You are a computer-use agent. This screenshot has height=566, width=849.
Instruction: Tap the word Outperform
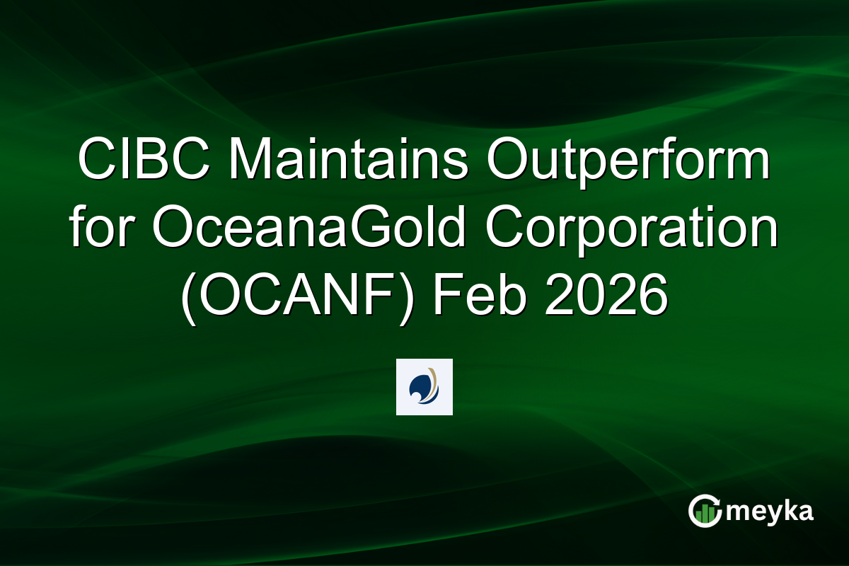[x=627, y=161]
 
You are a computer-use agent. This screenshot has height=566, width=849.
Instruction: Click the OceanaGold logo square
[x=424, y=386]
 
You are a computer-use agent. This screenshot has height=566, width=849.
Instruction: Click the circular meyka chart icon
[x=704, y=511]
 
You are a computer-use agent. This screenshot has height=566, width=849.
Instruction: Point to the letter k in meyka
[x=787, y=510]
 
